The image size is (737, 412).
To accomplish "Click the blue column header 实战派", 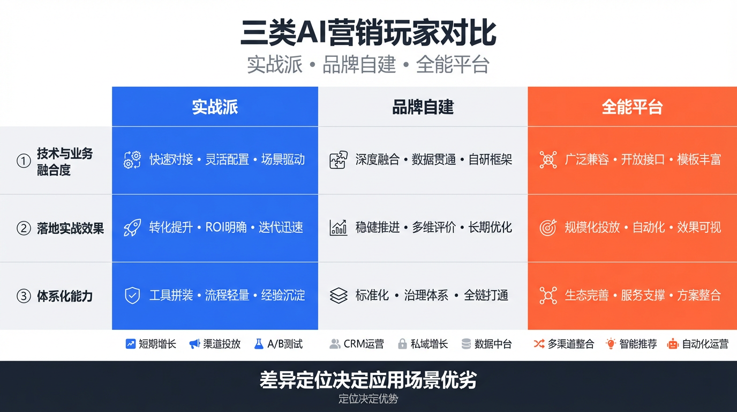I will pyautogui.click(x=215, y=107).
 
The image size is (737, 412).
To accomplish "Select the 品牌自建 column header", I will pyautogui.click(x=423, y=107).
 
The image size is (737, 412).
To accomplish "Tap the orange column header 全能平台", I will pyautogui.click(x=632, y=107).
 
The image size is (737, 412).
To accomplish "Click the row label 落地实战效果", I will pyautogui.click(x=70, y=229).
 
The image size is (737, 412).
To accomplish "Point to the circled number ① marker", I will pyautogui.click(x=24, y=161).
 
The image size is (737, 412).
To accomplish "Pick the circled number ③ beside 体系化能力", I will pyautogui.click(x=24, y=296).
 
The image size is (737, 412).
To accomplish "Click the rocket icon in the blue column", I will pyautogui.click(x=132, y=228).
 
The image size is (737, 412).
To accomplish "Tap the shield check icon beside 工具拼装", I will pyautogui.click(x=132, y=296).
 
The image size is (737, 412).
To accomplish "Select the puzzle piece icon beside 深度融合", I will pyautogui.click(x=338, y=160).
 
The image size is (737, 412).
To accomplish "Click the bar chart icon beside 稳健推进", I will pyautogui.click(x=338, y=228).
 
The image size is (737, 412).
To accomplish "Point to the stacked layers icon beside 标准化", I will pyautogui.click(x=339, y=296).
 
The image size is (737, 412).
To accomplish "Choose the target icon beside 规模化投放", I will pyautogui.click(x=548, y=228).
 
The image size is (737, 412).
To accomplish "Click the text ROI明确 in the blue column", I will pyautogui.click(x=226, y=227).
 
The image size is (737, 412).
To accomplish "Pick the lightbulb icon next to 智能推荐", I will pyautogui.click(x=611, y=344).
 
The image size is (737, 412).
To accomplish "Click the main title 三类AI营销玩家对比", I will pyautogui.click(x=368, y=33).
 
